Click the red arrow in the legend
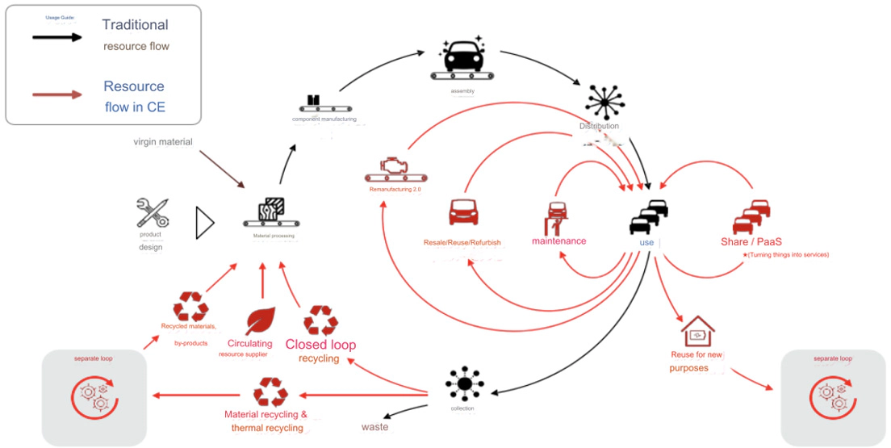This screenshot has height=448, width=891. click(56, 94)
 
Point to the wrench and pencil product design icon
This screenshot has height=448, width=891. click(152, 212)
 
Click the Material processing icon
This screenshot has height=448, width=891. click(270, 212)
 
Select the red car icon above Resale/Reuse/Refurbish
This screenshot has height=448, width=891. click(462, 212)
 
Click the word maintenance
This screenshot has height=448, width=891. click(558, 241)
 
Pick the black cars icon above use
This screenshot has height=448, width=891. click(650, 216)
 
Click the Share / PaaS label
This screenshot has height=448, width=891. click(756, 241)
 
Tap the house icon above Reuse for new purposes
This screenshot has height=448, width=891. click(697, 331)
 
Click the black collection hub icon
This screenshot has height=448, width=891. click(462, 383)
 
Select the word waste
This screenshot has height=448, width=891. click(374, 426)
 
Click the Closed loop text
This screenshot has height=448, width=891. click(320, 345)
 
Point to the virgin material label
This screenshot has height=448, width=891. click(163, 142)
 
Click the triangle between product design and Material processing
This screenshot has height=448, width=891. click(204, 222)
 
